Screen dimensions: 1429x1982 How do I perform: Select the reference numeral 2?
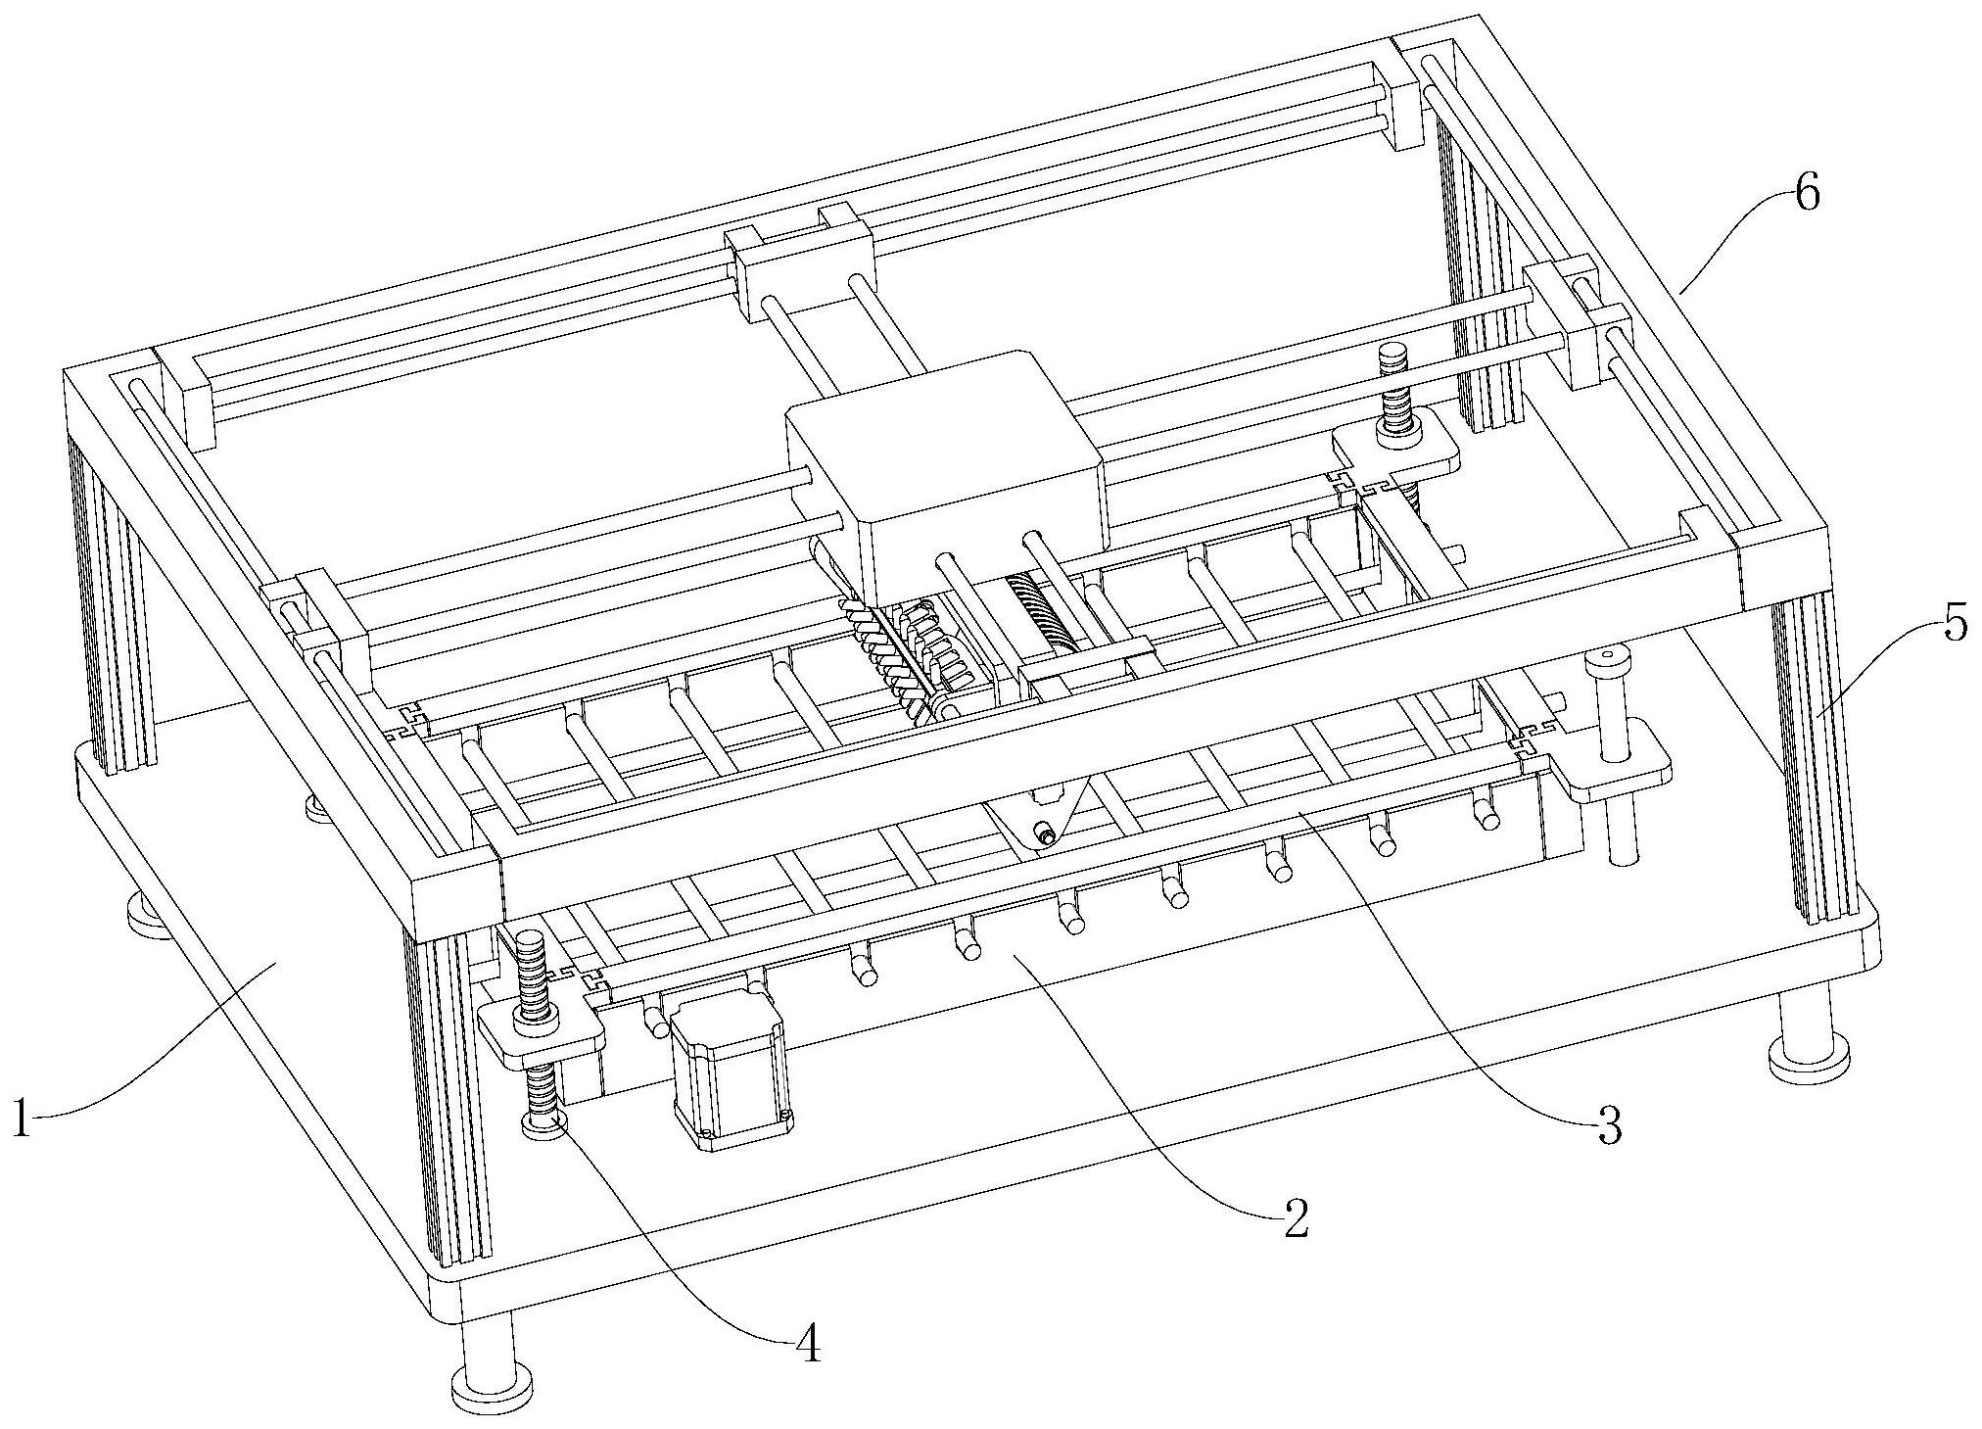pos(1295,1219)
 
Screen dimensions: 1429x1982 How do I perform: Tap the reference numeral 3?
pos(1608,1126)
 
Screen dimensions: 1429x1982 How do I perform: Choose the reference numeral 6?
pos(1807,194)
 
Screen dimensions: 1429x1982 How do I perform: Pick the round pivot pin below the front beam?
pos(1047,835)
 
